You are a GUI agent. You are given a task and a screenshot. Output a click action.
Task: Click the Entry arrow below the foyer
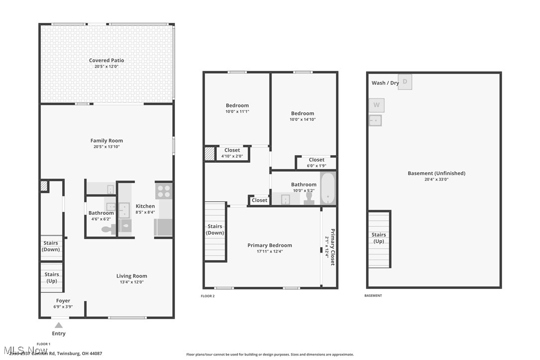point(59,325)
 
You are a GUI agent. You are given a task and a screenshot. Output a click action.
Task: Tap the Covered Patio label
point(106,61)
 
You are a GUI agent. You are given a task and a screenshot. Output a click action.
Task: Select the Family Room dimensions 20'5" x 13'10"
point(106,147)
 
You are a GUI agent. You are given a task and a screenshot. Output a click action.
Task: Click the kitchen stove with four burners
point(164,191)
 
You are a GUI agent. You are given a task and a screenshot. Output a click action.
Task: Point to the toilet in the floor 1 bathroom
point(107,229)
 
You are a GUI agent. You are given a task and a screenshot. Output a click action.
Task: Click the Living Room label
point(132,276)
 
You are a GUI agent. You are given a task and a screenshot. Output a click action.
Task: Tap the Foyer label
point(63,301)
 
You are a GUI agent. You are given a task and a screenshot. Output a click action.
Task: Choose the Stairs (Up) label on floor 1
point(52,277)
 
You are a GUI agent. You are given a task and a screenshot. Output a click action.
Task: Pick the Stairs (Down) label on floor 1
point(51,246)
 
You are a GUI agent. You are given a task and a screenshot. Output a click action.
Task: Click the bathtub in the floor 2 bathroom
point(328,188)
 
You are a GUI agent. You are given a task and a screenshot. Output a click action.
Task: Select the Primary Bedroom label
point(270,245)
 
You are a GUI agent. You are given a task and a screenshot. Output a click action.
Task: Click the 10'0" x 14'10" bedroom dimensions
point(302,119)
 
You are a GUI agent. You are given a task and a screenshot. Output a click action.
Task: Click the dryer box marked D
point(405,82)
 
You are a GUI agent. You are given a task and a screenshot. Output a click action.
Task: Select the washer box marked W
point(376,105)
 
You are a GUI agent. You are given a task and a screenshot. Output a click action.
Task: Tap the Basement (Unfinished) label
point(436,173)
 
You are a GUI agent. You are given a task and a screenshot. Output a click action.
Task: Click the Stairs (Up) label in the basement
point(378,238)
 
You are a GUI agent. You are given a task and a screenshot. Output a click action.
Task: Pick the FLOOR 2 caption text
point(207,296)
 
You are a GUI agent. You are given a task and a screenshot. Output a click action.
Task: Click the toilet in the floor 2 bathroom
point(309,198)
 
